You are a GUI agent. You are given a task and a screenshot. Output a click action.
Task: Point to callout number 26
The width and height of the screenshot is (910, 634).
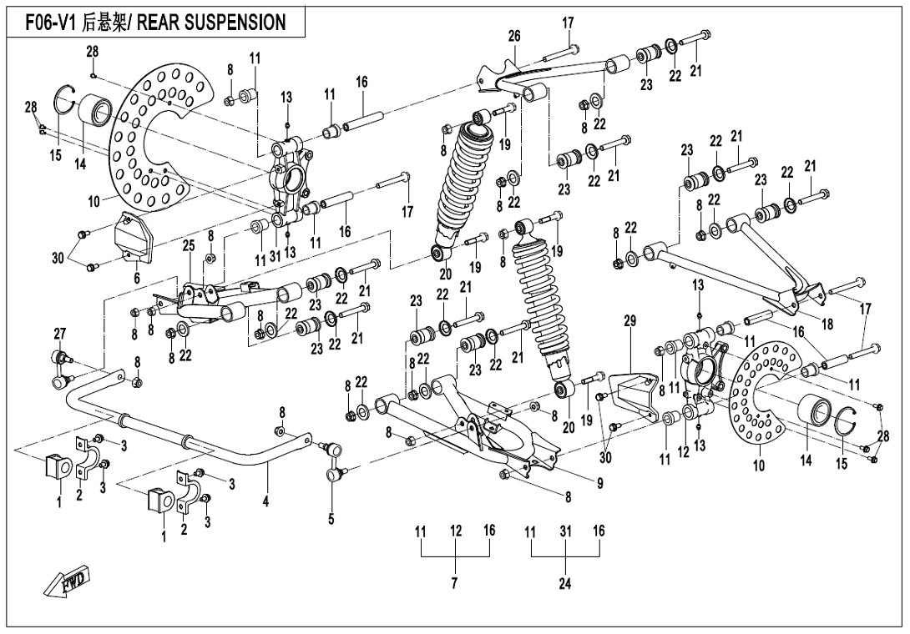point(514,36)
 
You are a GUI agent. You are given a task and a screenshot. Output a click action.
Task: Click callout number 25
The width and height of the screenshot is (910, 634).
point(189,245)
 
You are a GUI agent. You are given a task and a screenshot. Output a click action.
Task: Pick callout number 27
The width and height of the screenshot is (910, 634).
point(59,335)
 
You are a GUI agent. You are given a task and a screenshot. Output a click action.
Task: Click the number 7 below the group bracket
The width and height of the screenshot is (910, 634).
point(455,583)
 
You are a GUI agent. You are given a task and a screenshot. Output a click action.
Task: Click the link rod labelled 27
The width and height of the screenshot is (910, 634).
point(60,370)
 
